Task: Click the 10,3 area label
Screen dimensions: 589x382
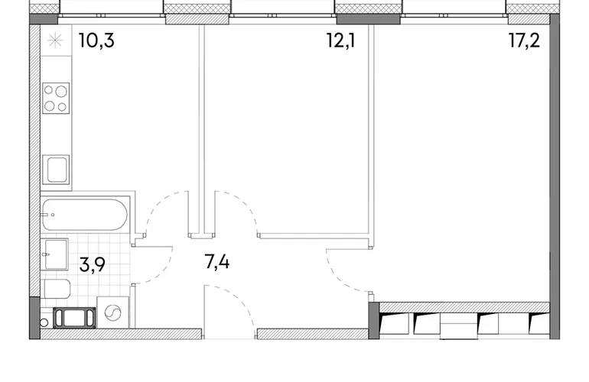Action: point(96,40)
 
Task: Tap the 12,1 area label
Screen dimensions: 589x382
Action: point(340,40)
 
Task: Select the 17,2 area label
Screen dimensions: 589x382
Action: point(525,40)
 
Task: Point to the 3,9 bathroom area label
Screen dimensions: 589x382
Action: point(93,264)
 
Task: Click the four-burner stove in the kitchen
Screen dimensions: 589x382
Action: point(56,98)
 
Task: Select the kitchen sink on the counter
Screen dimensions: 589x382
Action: point(56,170)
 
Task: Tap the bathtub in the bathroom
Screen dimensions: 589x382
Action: point(84,215)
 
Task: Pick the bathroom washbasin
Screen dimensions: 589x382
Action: point(55,254)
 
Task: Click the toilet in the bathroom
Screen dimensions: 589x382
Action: point(56,289)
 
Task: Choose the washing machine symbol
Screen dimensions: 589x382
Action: point(113,312)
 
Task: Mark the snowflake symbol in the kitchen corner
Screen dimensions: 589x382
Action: point(56,40)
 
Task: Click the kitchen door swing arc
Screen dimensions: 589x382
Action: point(157,205)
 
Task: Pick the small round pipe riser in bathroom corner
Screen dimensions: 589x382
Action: point(44,322)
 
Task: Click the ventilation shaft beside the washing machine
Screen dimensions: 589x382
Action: point(74,318)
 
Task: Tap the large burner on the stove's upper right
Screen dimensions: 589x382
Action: point(61,91)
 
